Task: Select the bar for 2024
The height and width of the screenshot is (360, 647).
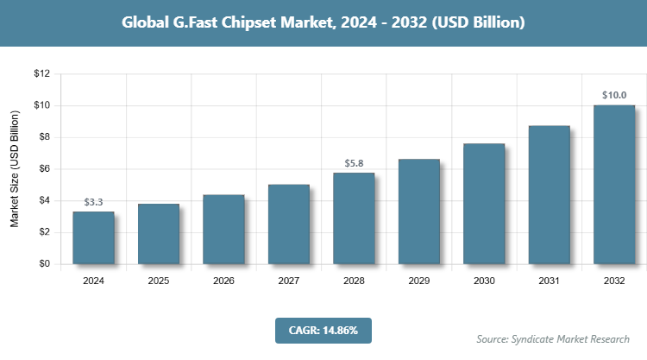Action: [x=93, y=237]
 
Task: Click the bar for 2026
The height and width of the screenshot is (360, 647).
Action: [x=223, y=230]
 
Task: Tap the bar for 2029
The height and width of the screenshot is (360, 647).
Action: [x=419, y=212]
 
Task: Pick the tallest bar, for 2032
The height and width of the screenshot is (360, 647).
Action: [x=614, y=185]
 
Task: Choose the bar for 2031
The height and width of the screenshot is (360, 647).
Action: [x=550, y=195]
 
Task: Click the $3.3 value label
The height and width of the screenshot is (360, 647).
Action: [x=93, y=202]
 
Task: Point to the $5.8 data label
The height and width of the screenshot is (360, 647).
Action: [x=354, y=163]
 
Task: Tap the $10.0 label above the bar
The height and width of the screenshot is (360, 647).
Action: [x=614, y=95]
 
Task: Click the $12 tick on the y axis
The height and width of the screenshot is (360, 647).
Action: [x=41, y=74]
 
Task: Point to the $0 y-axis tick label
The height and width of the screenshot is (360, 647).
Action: [x=43, y=264]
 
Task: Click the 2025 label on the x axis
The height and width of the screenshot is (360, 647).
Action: [x=159, y=281]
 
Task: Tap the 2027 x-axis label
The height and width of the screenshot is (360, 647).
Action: [x=289, y=281]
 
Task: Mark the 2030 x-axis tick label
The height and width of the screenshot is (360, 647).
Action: [x=484, y=281]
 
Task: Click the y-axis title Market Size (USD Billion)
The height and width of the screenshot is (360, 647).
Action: [x=15, y=169]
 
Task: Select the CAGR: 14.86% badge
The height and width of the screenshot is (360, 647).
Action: [x=323, y=330]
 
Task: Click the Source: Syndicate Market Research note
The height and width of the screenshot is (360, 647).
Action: [x=552, y=338]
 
